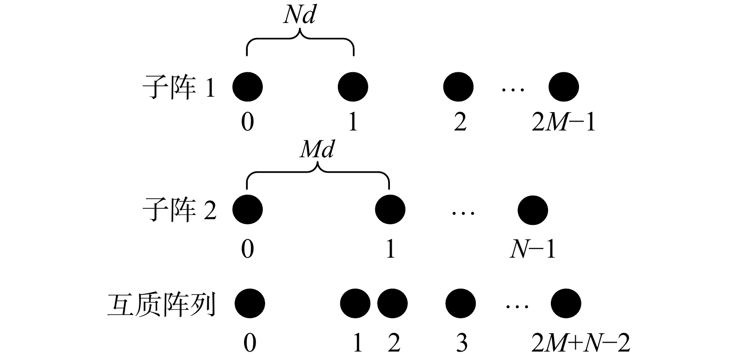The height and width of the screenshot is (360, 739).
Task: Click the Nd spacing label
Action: click(300, 15)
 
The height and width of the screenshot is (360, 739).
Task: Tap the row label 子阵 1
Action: click(179, 87)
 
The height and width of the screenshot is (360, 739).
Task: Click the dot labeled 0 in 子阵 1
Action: click(247, 87)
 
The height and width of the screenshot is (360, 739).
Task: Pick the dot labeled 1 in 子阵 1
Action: click(353, 87)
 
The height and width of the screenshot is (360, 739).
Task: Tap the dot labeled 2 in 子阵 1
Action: click(458, 87)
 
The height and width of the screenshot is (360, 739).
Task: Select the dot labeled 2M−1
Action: click(564, 87)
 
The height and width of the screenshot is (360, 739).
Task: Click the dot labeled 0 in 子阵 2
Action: click(247, 209)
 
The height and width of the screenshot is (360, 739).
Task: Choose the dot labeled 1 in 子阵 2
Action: click(390, 209)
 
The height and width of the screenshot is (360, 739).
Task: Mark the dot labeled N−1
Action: click(533, 209)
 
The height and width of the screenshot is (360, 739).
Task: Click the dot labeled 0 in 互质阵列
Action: click(250, 304)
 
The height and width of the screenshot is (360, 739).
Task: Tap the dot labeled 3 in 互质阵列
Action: click(460, 304)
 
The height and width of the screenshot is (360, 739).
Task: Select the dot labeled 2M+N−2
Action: click(566, 304)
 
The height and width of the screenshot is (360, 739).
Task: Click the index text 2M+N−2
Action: click(580, 344)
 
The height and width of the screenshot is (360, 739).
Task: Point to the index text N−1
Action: click(533, 249)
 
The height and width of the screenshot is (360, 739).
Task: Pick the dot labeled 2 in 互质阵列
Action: click(392, 304)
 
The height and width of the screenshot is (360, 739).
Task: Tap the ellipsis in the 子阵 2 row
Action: click(463, 213)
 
